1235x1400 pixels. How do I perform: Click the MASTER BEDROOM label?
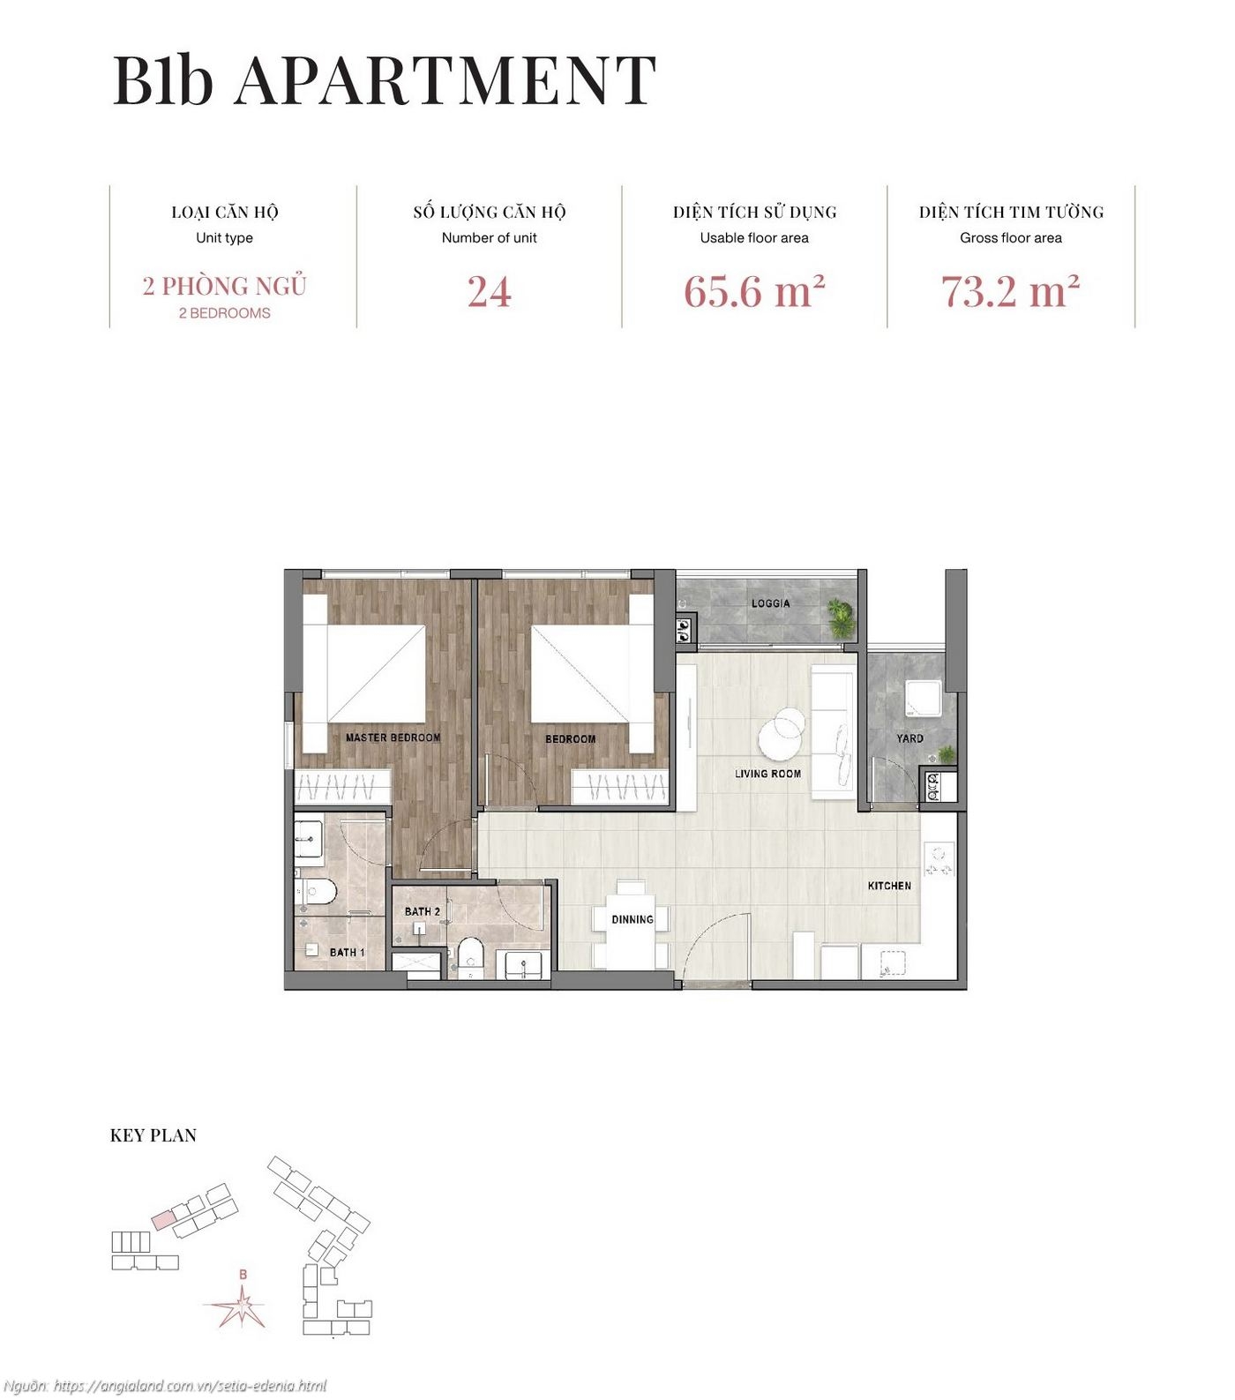(x=393, y=737)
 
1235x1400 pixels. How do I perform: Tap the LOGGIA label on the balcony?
(x=770, y=603)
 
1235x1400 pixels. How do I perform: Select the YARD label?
(x=909, y=738)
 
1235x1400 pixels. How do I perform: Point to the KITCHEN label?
(x=889, y=886)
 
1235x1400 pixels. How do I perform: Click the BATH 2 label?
(x=422, y=911)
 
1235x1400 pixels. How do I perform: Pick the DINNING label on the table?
(x=632, y=919)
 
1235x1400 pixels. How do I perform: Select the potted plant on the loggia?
(x=841, y=618)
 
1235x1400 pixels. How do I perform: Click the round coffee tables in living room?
(x=781, y=732)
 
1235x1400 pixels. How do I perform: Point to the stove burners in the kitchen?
(x=939, y=860)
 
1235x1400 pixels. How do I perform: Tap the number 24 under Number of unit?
(x=489, y=292)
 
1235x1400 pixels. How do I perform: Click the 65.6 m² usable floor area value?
(x=753, y=292)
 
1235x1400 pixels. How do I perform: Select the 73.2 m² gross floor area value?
(x=1010, y=292)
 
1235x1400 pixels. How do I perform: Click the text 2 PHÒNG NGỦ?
(x=224, y=287)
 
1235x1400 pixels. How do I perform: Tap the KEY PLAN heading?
(x=153, y=1135)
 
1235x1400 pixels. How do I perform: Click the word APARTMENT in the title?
(x=445, y=81)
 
